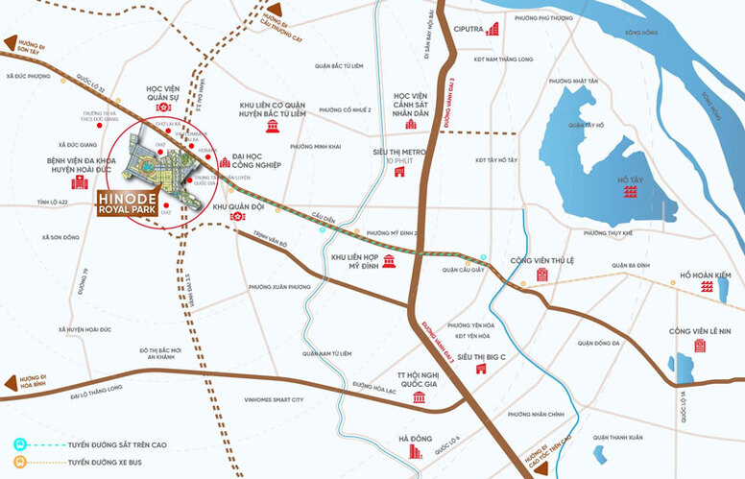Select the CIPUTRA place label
(469, 30)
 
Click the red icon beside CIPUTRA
(493, 30)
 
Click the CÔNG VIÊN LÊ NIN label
(700, 331)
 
